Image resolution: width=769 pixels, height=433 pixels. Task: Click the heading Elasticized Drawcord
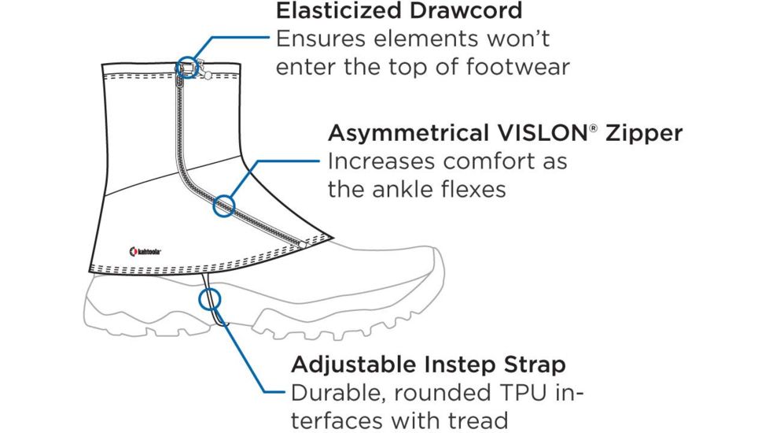[399, 12]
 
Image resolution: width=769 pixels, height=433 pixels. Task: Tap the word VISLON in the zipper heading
[543, 133]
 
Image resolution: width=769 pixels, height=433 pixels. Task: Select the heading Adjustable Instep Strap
[428, 365]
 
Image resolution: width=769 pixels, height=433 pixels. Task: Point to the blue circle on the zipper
[225, 206]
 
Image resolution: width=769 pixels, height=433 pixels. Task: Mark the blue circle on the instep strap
[209, 299]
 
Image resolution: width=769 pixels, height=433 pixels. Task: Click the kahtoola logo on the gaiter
[145, 252]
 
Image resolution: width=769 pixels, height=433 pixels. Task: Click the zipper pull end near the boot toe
[302, 246]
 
